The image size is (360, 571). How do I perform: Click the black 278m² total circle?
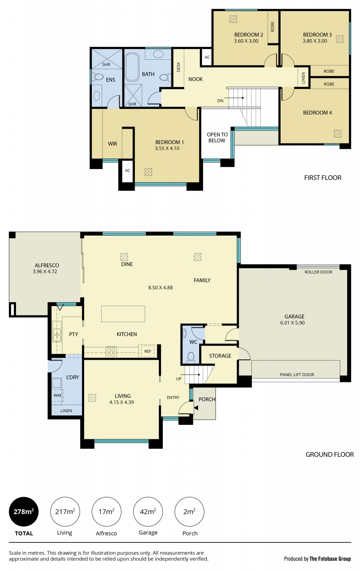click(24, 511)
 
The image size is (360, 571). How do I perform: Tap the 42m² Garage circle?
click(148, 511)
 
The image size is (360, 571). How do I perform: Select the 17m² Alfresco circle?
click(106, 511)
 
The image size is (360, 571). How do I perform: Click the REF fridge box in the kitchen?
click(147, 351)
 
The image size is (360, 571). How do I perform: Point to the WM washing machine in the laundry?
click(57, 395)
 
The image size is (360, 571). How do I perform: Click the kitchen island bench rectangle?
click(123, 314)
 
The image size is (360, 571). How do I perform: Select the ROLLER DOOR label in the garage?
click(318, 272)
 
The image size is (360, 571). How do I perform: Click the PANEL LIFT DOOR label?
click(297, 375)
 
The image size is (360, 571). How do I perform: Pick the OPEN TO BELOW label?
click(217, 137)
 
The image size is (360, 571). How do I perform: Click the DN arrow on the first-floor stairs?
click(234, 98)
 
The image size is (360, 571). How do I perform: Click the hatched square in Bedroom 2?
click(233, 19)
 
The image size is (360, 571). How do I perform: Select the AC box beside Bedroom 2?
click(207, 57)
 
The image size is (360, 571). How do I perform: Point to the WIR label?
click(112, 144)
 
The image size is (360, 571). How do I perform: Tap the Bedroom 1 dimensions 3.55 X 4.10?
click(167, 148)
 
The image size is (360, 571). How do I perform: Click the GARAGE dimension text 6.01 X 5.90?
click(293, 323)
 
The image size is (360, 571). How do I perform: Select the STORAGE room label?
click(220, 356)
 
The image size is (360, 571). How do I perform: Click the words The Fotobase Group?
click(330, 559)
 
